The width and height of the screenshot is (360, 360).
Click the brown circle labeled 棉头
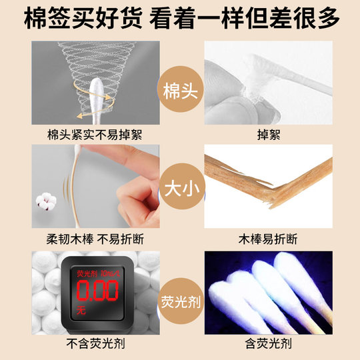[x=179, y=89]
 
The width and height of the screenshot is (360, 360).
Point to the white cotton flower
[x=48, y=199]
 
